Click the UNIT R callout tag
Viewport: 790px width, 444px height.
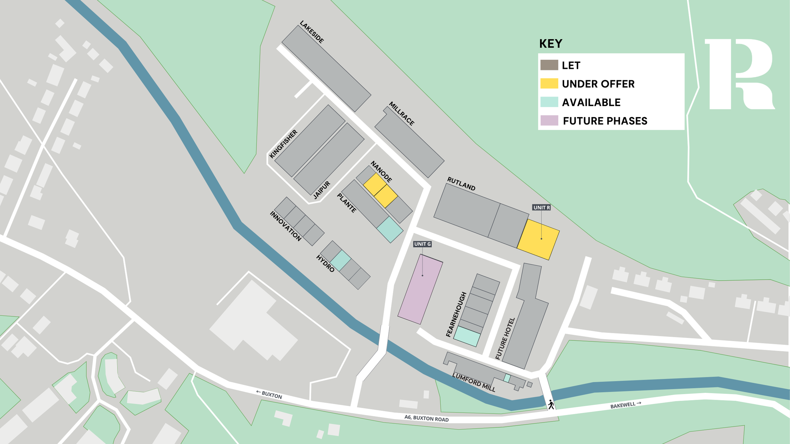click(x=541, y=207)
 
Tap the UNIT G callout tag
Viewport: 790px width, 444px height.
click(x=422, y=244)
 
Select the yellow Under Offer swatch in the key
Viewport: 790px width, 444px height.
click(x=549, y=84)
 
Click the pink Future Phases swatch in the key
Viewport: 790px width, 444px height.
click(x=549, y=121)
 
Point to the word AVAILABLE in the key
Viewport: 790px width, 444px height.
click(x=591, y=102)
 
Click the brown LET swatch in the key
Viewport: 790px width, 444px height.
click(x=549, y=65)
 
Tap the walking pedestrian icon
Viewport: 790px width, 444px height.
click(x=551, y=405)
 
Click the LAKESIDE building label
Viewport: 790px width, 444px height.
click(x=312, y=32)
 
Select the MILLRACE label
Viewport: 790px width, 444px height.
click(x=401, y=113)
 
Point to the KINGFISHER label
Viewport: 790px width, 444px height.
click(x=283, y=144)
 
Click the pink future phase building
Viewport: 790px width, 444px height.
click(x=420, y=289)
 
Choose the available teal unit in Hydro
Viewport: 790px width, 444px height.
click(x=341, y=261)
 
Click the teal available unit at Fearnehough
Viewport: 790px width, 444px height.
click(x=467, y=336)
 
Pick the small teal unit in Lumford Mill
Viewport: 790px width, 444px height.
click(x=507, y=378)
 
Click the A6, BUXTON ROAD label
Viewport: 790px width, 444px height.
click(x=426, y=419)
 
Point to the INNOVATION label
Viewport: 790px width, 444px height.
click(x=285, y=226)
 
